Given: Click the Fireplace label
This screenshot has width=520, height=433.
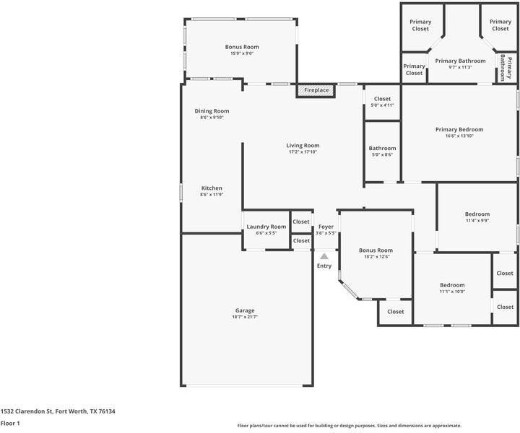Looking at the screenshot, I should (x=316, y=90).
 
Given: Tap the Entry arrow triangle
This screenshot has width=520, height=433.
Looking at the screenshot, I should (x=324, y=255).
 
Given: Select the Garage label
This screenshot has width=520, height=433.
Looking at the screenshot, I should (x=244, y=310).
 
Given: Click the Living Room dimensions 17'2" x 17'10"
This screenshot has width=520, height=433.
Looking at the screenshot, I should (x=303, y=152).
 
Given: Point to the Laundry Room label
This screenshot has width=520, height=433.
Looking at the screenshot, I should (x=266, y=227).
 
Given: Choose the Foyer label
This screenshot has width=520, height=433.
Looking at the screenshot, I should (x=326, y=227).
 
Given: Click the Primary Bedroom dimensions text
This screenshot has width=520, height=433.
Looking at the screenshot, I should (x=459, y=136).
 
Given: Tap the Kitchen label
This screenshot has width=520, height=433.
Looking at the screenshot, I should (x=212, y=188).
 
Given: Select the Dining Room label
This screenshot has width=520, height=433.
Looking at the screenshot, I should (x=212, y=111).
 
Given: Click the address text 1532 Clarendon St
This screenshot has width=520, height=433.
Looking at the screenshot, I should (x=58, y=411).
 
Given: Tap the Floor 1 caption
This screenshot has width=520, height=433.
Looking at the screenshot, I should (x=10, y=423).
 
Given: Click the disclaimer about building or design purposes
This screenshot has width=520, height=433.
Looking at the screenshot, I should (x=350, y=426).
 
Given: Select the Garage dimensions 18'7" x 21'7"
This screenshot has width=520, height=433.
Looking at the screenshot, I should (x=244, y=317).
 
